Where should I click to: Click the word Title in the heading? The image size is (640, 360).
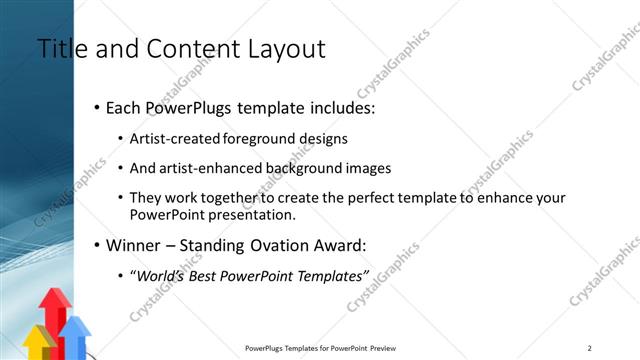(x=61, y=48)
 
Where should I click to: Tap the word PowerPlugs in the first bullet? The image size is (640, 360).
(x=188, y=106)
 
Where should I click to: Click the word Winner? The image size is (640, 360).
(x=134, y=244)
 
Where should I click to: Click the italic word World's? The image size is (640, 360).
(x=163, y=275)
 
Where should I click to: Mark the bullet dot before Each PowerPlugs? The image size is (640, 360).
(x=96, y=107)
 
